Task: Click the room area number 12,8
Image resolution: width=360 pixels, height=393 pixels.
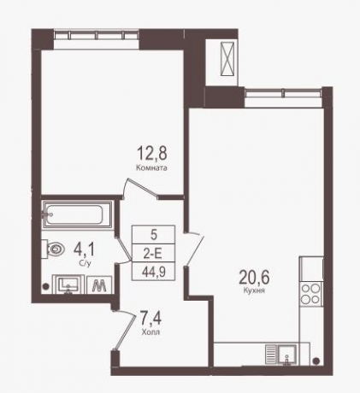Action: (x=152, y=153)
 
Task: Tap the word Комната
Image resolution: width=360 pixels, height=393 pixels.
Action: (x=151, y=167)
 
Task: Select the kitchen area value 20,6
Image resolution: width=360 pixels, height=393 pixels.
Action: (x=254, y=278)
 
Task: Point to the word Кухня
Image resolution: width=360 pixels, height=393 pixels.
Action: (x=254, y=290)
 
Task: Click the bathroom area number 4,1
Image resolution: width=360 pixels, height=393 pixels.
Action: (x=86, y=250)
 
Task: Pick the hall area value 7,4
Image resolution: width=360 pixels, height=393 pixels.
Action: (x=151, y=319)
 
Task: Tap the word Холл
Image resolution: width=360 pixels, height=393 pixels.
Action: (x=150, y=332)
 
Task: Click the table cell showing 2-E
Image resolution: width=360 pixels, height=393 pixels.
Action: (x=153, y=253)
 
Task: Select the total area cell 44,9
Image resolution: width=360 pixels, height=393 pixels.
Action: (x=153, y=271)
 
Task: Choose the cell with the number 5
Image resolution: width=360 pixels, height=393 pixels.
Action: (x=153, y=235)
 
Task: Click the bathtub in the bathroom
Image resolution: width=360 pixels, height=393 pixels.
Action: (x=77, y=214)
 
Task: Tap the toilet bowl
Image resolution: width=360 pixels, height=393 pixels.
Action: (x=56, y=249)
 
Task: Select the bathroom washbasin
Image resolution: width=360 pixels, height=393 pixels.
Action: (x=68, y=284)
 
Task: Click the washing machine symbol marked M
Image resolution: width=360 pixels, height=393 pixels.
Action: (x=99, y=284)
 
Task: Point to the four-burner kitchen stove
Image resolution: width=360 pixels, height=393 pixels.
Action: (x=311, y=294)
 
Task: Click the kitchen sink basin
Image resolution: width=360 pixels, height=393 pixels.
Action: (x=287, y=354)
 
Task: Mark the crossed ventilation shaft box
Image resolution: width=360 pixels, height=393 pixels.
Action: (x=227, y=59)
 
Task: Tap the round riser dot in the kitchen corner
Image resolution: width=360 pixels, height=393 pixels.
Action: (x=316, y=361)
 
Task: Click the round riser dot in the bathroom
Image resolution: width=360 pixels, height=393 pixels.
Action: (x=45, y=286)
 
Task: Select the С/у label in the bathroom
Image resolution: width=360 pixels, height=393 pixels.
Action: (x=85, y=264)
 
